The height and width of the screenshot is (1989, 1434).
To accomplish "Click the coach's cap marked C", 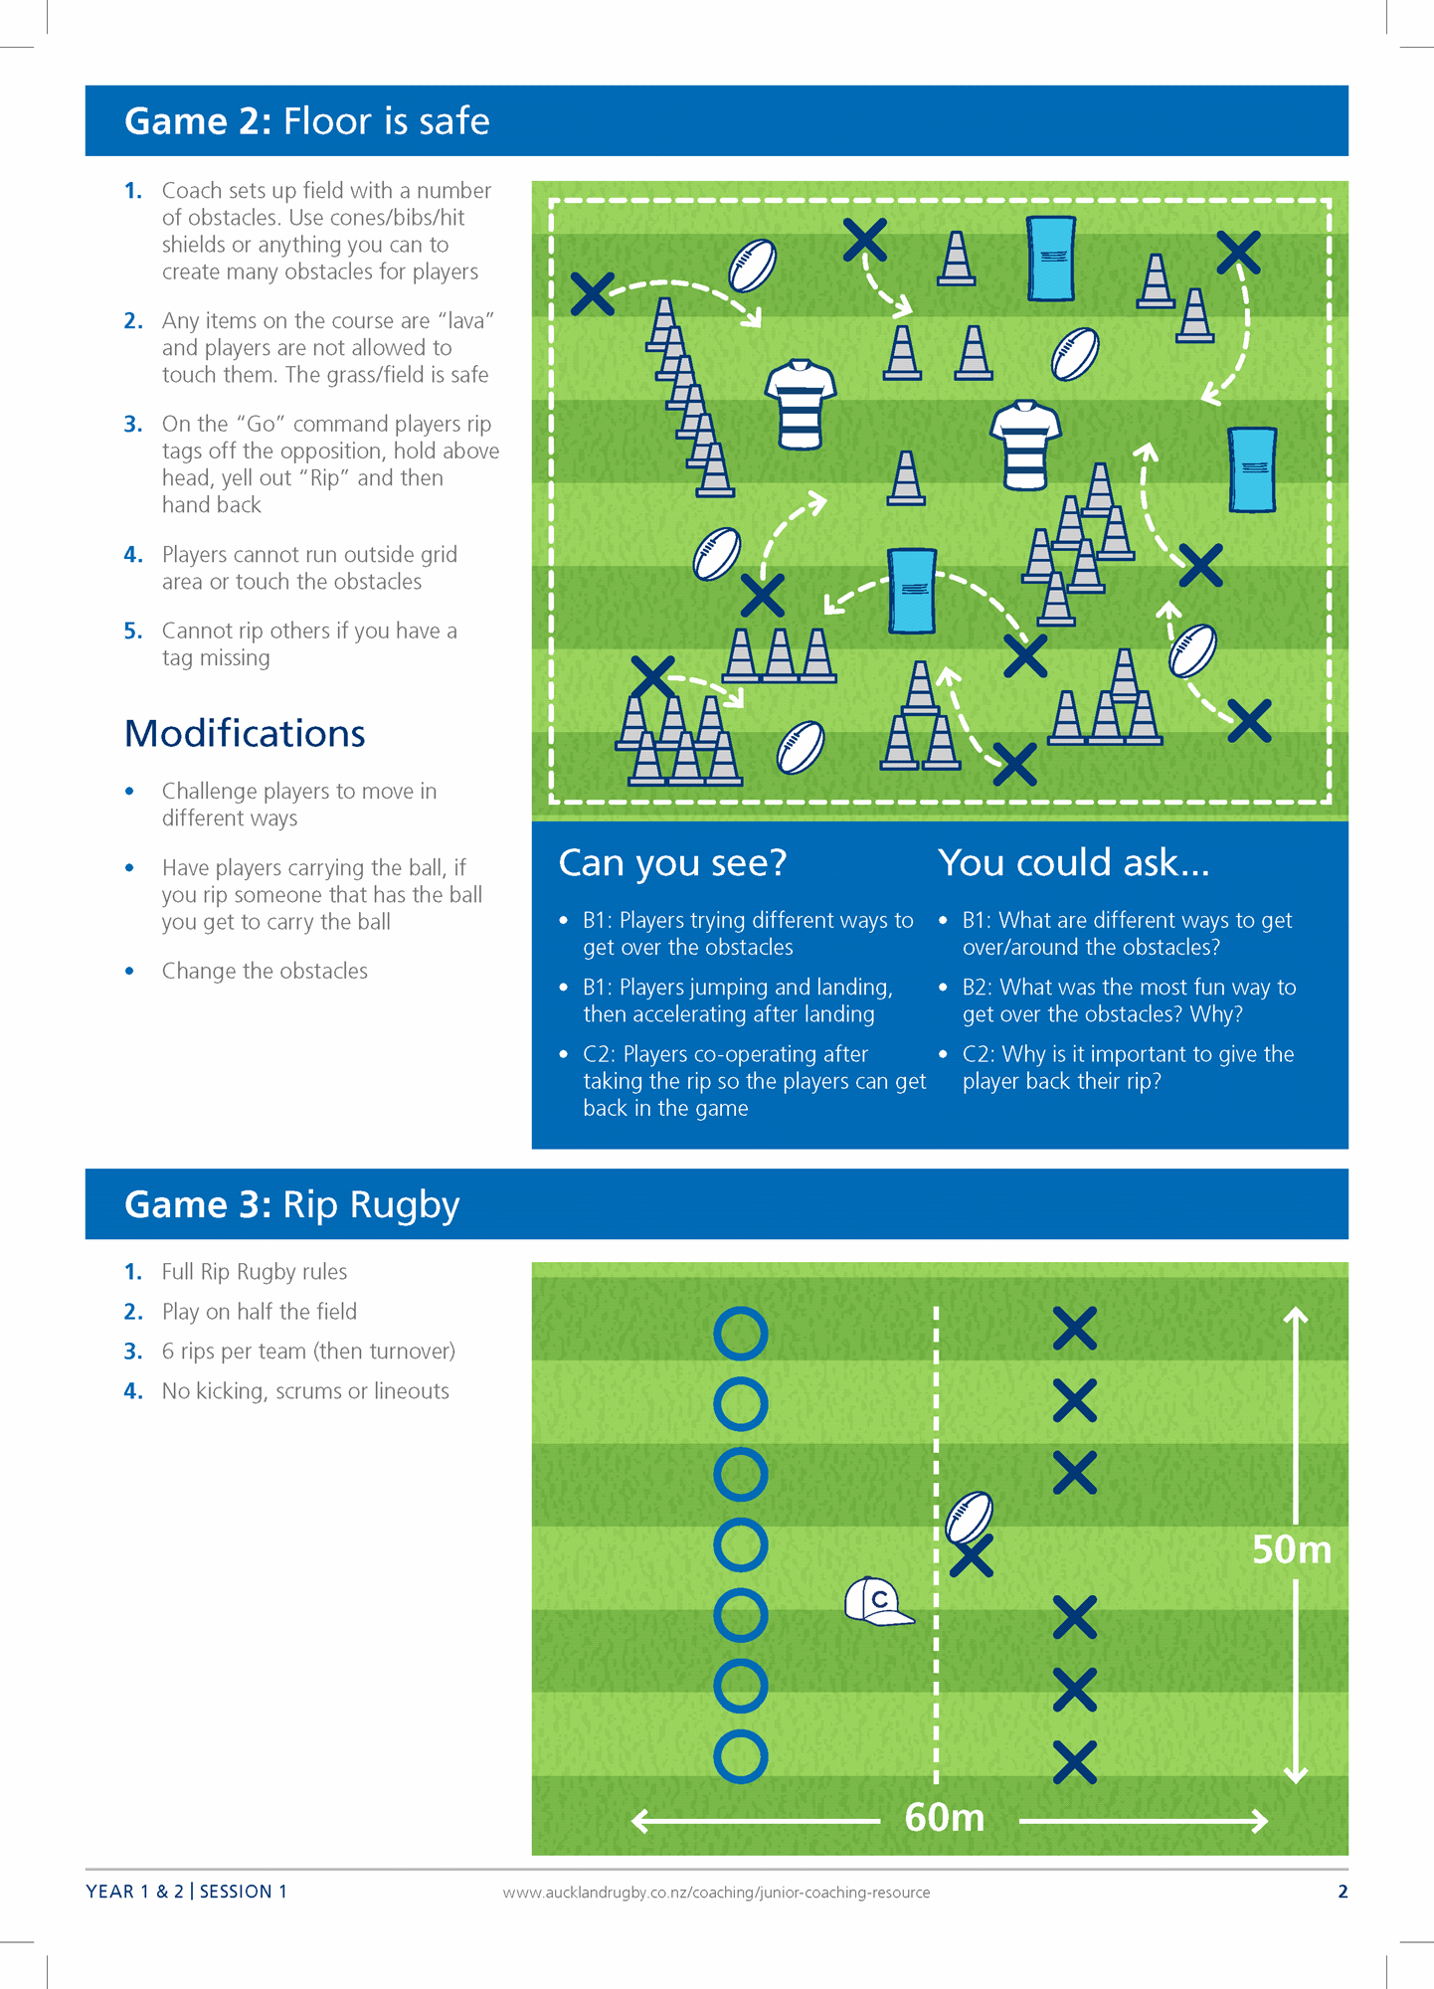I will point(877,1601).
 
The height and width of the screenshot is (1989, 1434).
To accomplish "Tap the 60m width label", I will point(944,1818).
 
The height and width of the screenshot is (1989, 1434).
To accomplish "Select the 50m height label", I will point(1291,1549).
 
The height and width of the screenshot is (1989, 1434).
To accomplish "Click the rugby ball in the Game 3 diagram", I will point(969,1518).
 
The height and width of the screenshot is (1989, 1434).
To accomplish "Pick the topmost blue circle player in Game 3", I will point(740,1334).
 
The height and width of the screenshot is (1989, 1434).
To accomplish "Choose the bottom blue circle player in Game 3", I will point(740,1756).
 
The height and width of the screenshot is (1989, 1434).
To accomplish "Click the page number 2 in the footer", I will point(1343,1892).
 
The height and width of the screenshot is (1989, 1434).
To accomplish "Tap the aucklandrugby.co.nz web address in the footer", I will point(716,1893).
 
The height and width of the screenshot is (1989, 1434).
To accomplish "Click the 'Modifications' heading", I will point(245,734).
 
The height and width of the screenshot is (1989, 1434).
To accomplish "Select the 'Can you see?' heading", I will point(672,863).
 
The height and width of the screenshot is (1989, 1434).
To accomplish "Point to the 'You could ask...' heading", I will point(1073,863).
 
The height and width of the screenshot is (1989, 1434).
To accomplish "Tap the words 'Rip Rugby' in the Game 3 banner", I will point(371,1204).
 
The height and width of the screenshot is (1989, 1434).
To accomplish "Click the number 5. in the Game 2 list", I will point(133,631).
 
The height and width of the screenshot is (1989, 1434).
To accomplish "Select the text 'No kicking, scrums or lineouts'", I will point(305,1390).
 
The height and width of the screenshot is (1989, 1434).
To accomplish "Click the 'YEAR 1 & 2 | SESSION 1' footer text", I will point(187,1892).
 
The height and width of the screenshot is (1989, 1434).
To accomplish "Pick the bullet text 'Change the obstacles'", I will point(265,971).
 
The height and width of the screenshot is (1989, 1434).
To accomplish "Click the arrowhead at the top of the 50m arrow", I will point(1295,1316).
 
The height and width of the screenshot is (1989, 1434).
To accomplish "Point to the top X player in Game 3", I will point(1074,1329).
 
